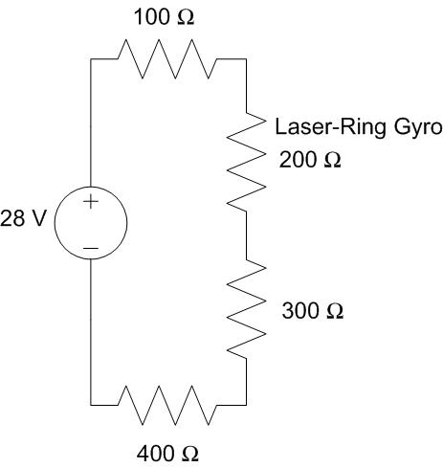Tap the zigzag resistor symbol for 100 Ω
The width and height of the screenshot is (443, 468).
(x=167, y=58)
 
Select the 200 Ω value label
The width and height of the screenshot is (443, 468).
(x=310, y=160)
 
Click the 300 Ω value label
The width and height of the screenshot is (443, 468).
(x=312, y=312)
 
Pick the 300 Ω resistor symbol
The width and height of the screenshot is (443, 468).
(x=248, y=308)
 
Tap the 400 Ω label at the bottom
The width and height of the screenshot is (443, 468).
(x=168, y=454)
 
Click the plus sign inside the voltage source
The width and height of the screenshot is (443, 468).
(x=90, y=202)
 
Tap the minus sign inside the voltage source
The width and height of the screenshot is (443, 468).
(x=90, y=248)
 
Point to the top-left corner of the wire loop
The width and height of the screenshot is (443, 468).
(x=91, y=58)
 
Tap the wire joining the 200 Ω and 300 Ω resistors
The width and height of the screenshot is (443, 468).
(x=248, y=234)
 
